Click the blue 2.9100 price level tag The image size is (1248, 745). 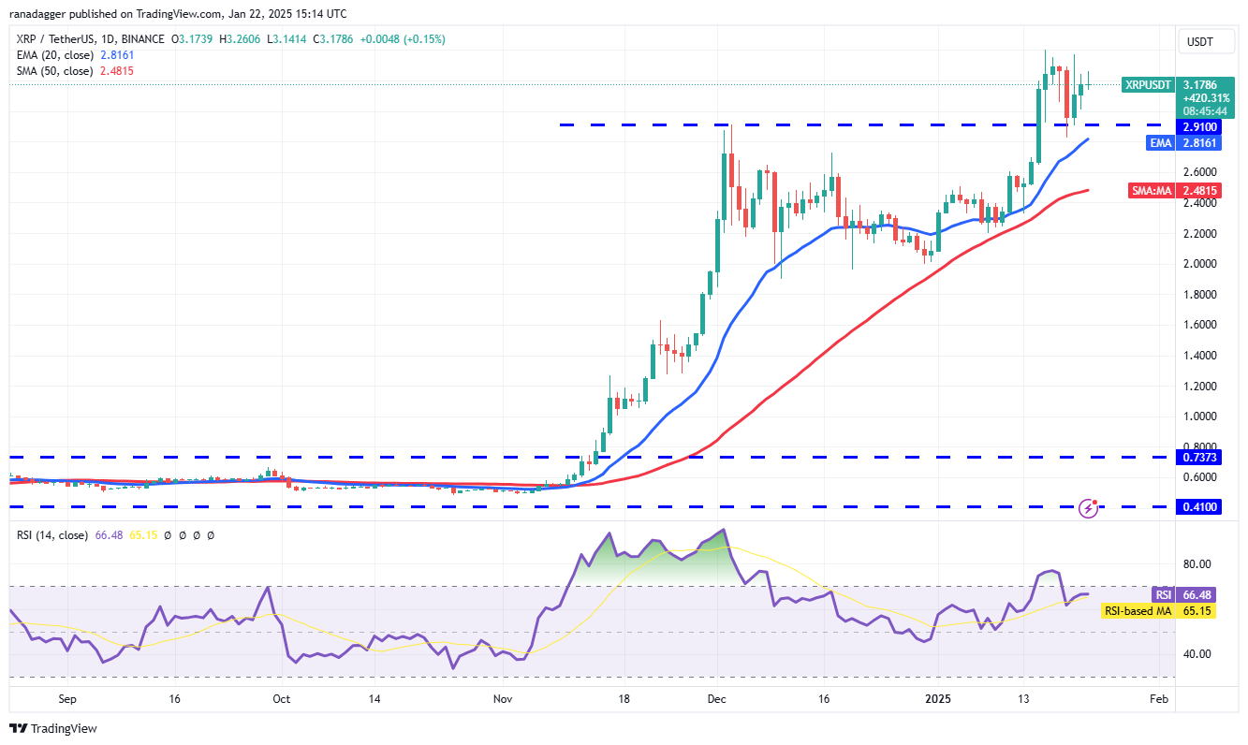point(1198,127)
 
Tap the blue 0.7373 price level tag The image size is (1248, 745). point(1198,457)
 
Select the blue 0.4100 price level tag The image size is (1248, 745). point(1198,506)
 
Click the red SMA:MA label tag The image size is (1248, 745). point(1151,190)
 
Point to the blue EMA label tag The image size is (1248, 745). point(1161,142)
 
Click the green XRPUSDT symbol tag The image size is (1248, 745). point(1148,84)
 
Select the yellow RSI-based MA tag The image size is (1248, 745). point(1138,611)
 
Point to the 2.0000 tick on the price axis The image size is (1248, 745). point(1199,263)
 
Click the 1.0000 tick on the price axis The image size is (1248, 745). point(1199,416)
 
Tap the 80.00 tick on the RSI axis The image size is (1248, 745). point(1197,564)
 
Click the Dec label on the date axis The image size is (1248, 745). point(716,698)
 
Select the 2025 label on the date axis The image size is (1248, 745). point(938,698)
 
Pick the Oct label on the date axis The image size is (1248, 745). point(282,698)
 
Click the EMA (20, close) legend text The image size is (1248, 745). point(54,55)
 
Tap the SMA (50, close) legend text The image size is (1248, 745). point(54,71)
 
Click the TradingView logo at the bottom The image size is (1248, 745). point(53,728)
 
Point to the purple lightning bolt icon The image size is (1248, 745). point(1088,508)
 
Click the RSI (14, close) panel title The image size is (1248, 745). point(51,535)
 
